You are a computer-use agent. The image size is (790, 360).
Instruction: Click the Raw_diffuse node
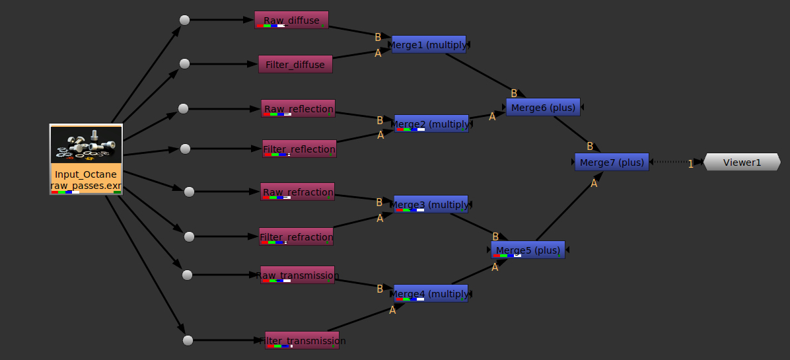(291, 20)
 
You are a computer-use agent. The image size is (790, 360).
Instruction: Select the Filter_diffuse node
(295, 64)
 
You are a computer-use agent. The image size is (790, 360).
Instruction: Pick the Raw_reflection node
(299, 108)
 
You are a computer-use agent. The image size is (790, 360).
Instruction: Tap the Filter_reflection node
(299, 149)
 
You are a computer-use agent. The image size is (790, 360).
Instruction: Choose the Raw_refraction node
(297, 192)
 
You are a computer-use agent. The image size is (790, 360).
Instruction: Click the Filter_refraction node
(296, 236)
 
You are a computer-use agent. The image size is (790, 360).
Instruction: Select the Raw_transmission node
(297, 275)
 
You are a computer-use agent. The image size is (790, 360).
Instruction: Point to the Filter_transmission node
(302, 340)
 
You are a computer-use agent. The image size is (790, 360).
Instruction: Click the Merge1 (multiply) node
(429, 44)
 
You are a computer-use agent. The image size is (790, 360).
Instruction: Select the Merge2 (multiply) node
(431, 124)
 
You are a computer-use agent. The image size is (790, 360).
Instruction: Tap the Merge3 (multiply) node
(431, 204)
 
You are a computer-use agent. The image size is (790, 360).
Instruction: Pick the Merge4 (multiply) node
(431, 293)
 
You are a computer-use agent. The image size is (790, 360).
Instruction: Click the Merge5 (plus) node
(528, 250)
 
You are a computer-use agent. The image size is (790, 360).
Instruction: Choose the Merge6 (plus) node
(543, 107)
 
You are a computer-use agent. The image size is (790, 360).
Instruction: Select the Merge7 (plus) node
(612, 162)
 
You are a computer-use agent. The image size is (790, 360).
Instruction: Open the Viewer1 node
(742, 162)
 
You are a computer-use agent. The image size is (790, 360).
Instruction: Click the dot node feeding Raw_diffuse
(185, 20)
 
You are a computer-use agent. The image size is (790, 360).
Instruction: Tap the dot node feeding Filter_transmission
(188, 340)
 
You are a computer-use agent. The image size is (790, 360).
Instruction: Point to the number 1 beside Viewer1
(691, 164)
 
